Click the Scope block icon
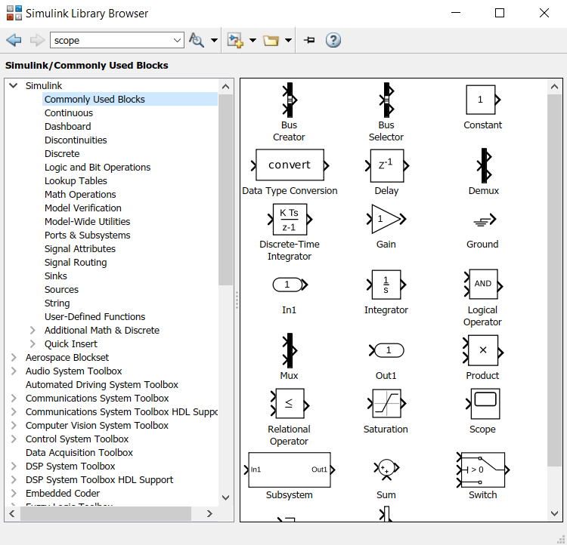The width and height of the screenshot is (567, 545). coord(485,404)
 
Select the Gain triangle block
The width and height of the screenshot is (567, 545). coord(386,219)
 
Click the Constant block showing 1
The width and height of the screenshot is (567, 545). coord(481,99)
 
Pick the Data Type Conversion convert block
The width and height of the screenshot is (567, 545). coord(290,165)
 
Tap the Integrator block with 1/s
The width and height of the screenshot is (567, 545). coord(386,285)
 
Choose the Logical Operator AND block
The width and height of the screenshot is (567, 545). coord(482,284)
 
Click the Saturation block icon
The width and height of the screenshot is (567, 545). coord(386,404)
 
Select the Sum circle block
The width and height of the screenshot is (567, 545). coord(386,469)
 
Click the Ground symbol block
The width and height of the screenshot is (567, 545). coord(482,220)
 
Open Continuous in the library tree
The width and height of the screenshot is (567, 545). coord(69,113)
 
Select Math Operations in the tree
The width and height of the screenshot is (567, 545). coord(80,195)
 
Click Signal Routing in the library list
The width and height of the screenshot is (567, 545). coord(76,263)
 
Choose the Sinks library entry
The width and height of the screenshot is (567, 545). coord(56,276)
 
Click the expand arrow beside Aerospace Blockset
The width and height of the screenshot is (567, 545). coord(14,358)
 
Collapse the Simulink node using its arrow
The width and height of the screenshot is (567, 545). coord(14,86)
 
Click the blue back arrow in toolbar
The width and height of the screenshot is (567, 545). coord(14,40)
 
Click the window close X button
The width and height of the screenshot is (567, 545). coord(544,13)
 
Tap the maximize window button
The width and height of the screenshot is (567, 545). coord(500,13)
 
